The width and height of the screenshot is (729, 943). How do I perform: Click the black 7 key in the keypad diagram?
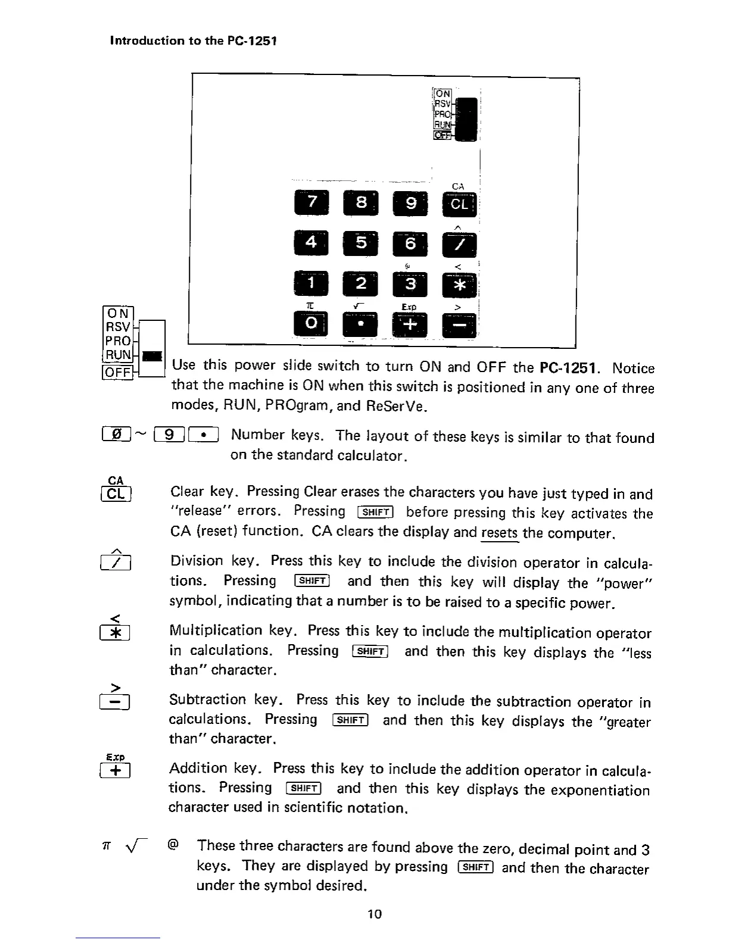click(x=310, y=204)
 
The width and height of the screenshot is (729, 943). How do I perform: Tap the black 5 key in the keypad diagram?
click(x=360, y=243)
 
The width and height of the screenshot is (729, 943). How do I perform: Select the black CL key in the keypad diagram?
click(x=459, y=205)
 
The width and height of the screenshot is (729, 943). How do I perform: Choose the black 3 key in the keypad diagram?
click(x=410, y=284)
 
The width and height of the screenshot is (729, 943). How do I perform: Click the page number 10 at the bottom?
click(x=374, y=914)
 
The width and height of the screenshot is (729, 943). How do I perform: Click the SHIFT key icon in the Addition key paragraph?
click(x=304, y=789)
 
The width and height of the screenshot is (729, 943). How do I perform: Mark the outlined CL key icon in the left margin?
click(x=117, y=494)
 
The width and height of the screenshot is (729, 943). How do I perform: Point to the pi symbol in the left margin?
click(x=107, y=845)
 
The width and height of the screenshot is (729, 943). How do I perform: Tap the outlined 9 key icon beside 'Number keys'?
click(x=169, y=435)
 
